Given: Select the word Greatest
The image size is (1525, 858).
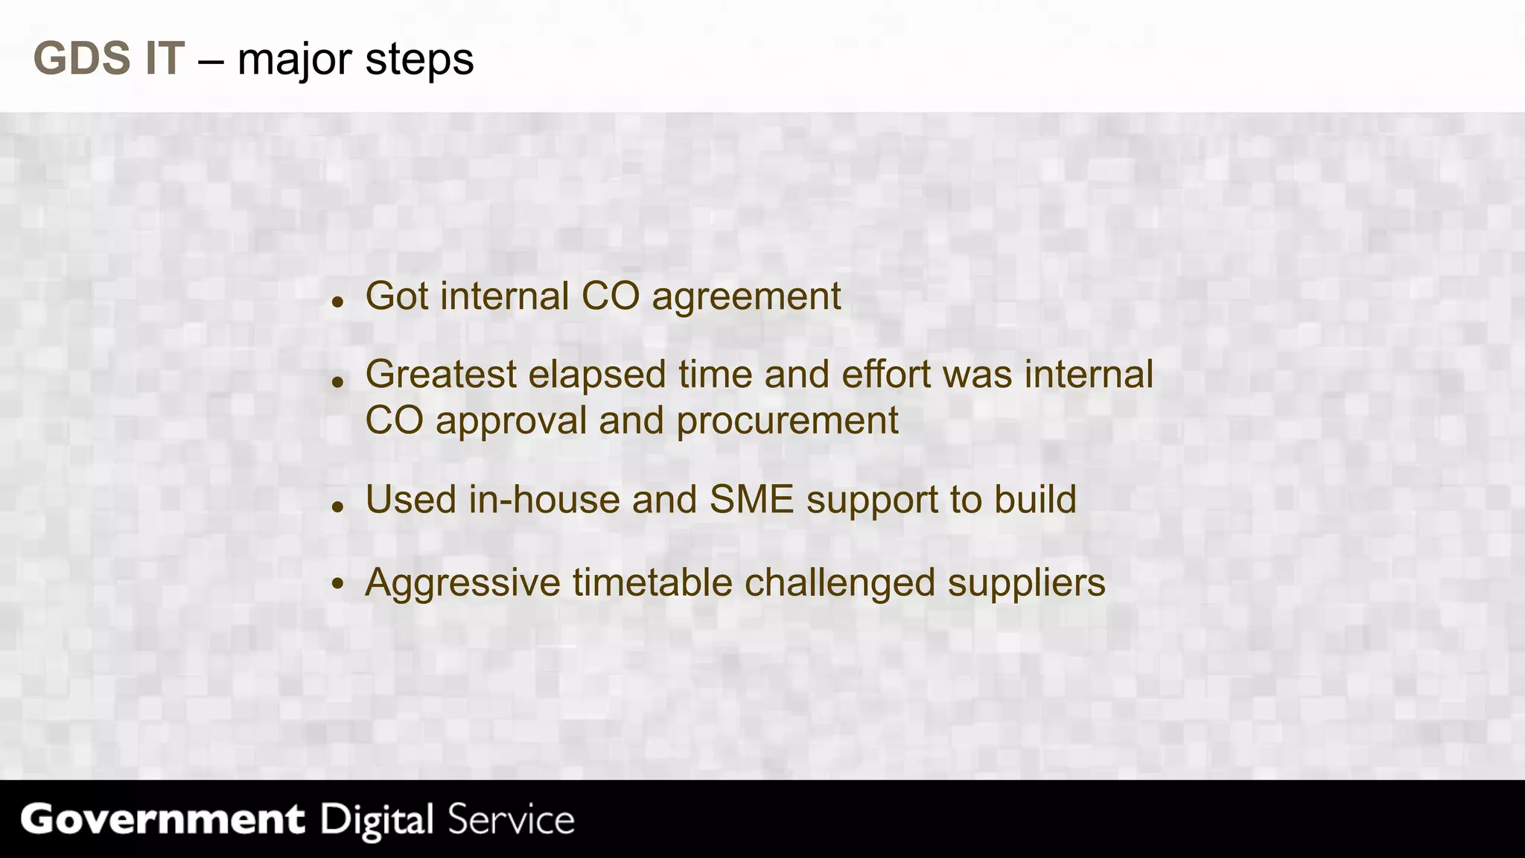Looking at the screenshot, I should tap(441, 375).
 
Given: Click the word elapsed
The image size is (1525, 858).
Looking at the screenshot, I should tap(596, 375).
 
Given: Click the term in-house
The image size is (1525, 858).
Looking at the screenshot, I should tap(544, 500).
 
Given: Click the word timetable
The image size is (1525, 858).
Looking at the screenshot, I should tap(652, 582).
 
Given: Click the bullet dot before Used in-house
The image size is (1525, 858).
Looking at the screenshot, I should tap(338, 507).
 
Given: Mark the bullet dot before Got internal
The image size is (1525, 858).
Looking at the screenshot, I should tap(338, 303).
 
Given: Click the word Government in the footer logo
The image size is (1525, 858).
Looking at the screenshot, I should tap(162, 820).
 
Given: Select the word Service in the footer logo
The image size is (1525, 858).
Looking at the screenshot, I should tap(511, 820).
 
